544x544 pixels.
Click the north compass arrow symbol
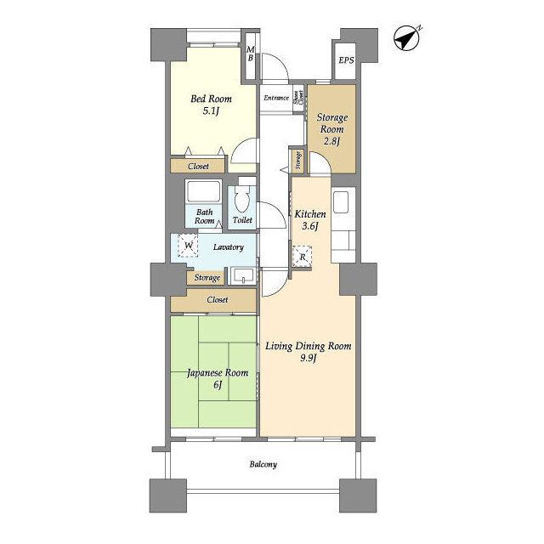(x=407, y=38)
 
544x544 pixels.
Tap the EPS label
(x=346, y=60)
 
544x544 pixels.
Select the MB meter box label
(x=250, y=54)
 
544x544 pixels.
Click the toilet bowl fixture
(x=242, y=199)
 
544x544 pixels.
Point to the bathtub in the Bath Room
(x=203, y=192)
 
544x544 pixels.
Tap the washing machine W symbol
(x=188, y=246)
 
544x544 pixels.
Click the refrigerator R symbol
(x=303, y=257)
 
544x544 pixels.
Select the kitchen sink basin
(x=340, y=202)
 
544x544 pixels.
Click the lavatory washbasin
(x=243, y=275)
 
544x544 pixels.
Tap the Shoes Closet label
(x=298, y=98)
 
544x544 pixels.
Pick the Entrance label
(x=276, y=98)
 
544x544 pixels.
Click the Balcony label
(x=263, y=464)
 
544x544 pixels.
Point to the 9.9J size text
(x=309, y=358)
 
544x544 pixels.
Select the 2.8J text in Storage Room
(x=331, y=141)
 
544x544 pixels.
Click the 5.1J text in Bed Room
(x=211, y=111)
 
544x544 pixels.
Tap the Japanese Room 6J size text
(x=218, y=384)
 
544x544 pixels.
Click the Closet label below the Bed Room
(x=198, y=167)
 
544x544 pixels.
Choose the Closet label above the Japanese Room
(x=218, y=299)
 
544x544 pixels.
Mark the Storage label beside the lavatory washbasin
(x=207, y=278)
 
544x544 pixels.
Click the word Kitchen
(x=310, y=214)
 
